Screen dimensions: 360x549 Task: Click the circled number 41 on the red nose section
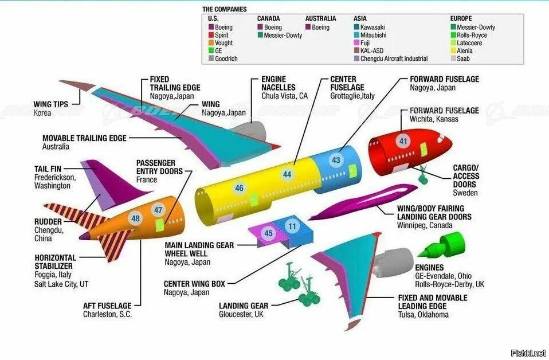point(403,141)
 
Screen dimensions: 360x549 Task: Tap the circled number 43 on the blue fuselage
point(336,161)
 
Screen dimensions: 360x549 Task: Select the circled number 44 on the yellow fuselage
point(287,174)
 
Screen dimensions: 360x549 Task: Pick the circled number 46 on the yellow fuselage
point(239,187)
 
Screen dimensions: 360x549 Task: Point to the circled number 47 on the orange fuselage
point(159,210)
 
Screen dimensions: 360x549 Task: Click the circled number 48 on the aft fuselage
point(135,218)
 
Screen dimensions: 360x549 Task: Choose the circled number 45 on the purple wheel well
point(269,233)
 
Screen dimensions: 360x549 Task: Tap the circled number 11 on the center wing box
point(292,226)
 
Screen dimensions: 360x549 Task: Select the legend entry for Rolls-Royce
point(472,35)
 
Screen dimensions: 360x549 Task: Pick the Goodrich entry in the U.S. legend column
point(226,58)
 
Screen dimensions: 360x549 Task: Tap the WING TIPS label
point(51,104)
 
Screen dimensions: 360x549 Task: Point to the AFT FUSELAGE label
point(107,306)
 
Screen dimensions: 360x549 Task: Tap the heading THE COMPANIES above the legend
point(225,9)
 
